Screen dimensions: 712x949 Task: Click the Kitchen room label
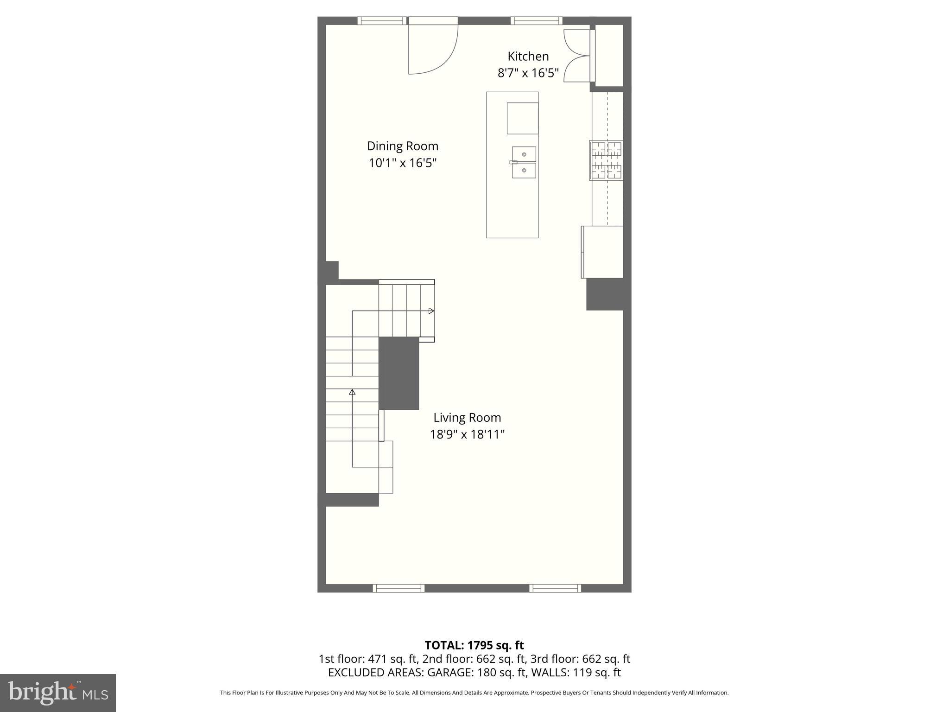click(528, 56)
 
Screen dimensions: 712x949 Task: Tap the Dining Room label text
click(402, 146)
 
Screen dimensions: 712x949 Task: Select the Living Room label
click(467, 417)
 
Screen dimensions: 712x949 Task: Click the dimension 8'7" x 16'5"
click(528, 73)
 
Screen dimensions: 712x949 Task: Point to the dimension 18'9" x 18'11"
click(467, 434)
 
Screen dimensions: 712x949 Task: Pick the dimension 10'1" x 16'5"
click(402, 163)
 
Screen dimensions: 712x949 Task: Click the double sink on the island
click(524, 162)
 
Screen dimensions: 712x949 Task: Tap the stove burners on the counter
click(606, 160)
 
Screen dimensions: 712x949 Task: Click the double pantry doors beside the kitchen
click(576, 56)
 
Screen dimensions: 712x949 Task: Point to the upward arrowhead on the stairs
click(352, 392)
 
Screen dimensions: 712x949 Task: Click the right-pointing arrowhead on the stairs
click(431, 311)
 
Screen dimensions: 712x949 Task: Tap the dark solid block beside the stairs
click(399, 373)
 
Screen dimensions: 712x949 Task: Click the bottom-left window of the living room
click(399, 588)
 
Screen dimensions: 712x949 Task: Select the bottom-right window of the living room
click(555, 588)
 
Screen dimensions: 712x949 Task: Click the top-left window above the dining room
click(382, 20)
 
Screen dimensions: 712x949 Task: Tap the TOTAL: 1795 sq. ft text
click(474, 645)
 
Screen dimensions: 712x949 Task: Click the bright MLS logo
click(57, 693)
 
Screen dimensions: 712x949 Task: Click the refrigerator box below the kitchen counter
click(602, 252)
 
